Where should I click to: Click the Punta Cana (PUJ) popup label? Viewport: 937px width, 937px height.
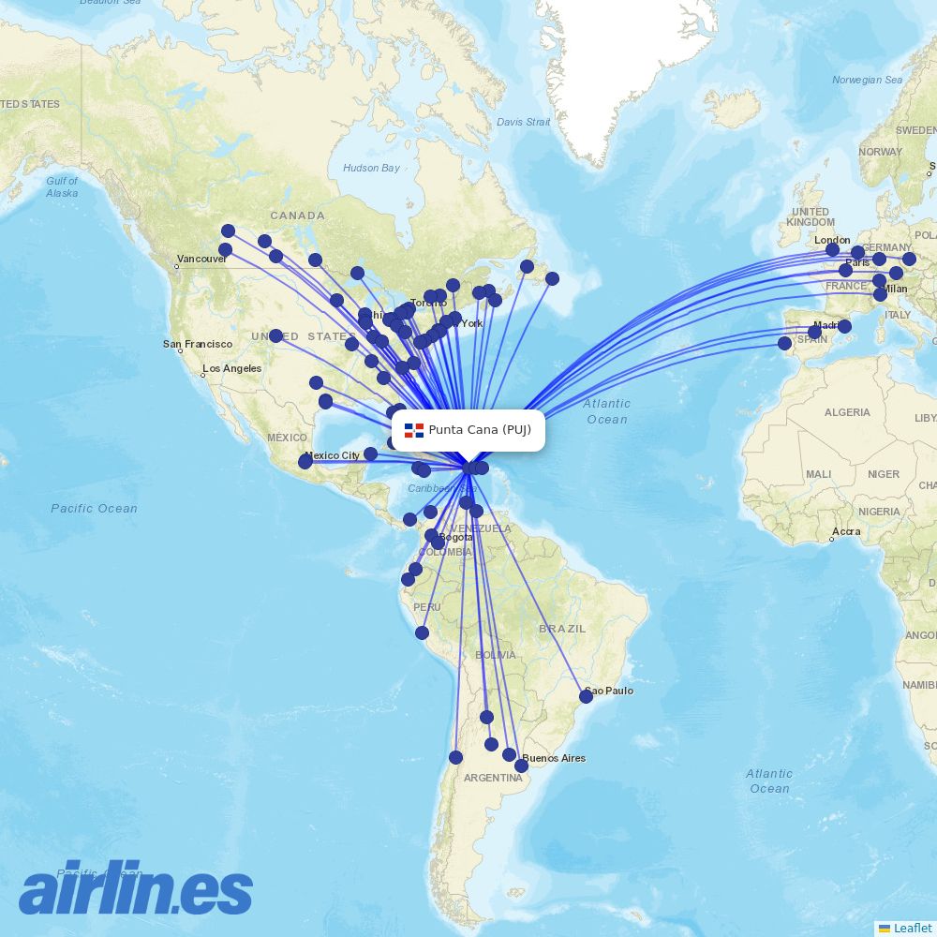pos(480,430)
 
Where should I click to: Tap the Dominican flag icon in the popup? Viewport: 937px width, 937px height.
pos(414,430)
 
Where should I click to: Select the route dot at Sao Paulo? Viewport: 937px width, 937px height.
pos(587,696)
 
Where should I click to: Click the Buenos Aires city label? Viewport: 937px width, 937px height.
pos(554,758)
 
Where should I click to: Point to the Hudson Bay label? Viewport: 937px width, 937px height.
pos(371,168)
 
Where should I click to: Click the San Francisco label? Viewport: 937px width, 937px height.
pos(198,344)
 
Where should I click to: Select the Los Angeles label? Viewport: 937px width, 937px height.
pos(231,368)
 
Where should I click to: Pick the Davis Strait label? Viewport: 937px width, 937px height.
pos(523,122)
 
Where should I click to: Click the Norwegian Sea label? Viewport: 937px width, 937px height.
pos(867,80)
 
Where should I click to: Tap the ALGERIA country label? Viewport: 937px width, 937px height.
pos(847,412)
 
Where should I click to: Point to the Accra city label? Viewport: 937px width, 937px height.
pos(847,531)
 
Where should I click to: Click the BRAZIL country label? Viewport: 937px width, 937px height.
pos(562,629)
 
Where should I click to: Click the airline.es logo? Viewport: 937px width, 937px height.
pos(136,888)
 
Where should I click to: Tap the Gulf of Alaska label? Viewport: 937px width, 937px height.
pos(62,186)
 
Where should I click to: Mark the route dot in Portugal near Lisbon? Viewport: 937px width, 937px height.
pos(784,344)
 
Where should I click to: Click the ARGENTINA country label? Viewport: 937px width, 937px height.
pos(493,779)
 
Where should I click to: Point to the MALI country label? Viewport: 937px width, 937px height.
pos(818,474)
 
